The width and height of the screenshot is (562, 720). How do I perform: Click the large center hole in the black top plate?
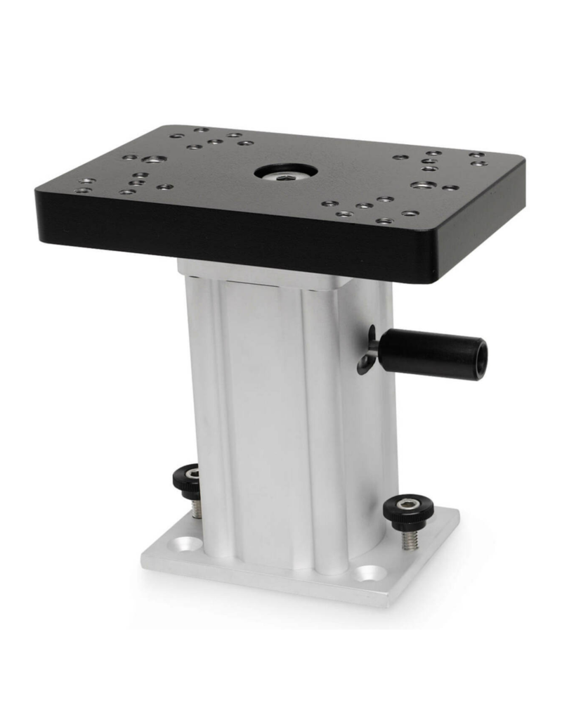pyautogui.click(x=285, y=172)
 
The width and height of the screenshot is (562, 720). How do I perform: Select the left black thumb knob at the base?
pyautogui.click(x=188, y=481)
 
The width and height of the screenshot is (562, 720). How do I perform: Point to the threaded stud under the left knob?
pyautogui.click(x=197, y=508)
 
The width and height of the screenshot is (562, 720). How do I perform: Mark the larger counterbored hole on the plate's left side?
pyautogui.click(x=155, y=160)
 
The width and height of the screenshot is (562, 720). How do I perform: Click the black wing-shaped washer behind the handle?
pyautogui.click(x=368, y=353)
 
